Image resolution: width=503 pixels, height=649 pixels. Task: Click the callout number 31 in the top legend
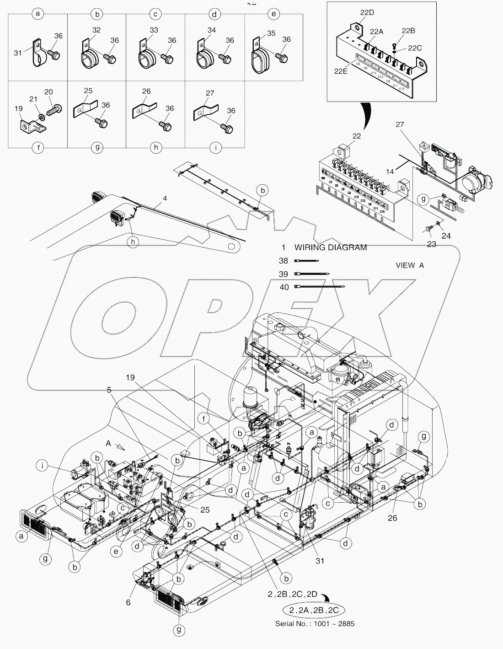coord(18,53)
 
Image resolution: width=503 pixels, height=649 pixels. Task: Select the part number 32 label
coord(96,30)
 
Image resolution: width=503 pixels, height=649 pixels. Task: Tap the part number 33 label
coord(155,30)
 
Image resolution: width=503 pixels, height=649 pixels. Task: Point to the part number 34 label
coord(212,30)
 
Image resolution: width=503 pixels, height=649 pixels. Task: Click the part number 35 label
coord(271,33)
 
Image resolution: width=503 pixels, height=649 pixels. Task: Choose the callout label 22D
coord(367,13)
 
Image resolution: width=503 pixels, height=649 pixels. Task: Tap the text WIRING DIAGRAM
coord(330,247)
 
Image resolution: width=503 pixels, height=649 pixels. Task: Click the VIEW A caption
coord(410,265)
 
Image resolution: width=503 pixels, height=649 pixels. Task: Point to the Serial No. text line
coord(314,623)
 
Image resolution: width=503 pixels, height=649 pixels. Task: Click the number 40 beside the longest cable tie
coord(284,287)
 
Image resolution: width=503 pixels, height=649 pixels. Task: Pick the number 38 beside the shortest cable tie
coord(284,261)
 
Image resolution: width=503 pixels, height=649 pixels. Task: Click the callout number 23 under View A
coord(432,244)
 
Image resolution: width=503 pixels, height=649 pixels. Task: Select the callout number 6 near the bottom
coord(128,602)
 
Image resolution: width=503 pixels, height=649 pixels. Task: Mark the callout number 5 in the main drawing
coord(109,390)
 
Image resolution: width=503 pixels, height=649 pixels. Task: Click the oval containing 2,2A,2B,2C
coord(314,610)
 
